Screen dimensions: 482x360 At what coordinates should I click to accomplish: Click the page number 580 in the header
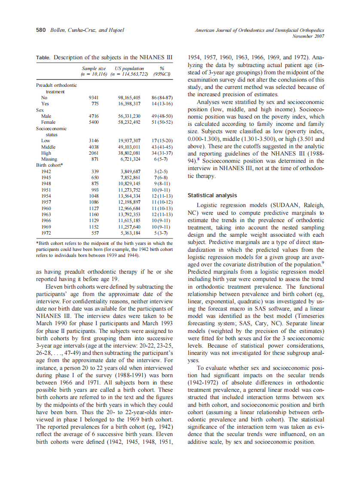tap(41, 31)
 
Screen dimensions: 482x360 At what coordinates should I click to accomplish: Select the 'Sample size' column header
tap(94, 68)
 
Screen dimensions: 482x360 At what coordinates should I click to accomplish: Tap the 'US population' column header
tap(129, 68)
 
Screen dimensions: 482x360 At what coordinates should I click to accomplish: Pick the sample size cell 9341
tap(94, 98)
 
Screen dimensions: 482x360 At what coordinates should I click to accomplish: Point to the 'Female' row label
tap(48, 122)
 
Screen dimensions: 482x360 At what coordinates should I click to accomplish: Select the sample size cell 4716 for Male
tap(94, 116)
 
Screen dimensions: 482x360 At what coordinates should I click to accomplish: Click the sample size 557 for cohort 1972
tap(95, 233)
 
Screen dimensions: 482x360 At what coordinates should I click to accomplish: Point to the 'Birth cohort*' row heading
tap(50, 165)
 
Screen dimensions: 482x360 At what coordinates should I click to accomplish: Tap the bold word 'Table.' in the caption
tap(43, 57)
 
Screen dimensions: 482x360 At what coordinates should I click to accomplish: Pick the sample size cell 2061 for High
tap(94, 153)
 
